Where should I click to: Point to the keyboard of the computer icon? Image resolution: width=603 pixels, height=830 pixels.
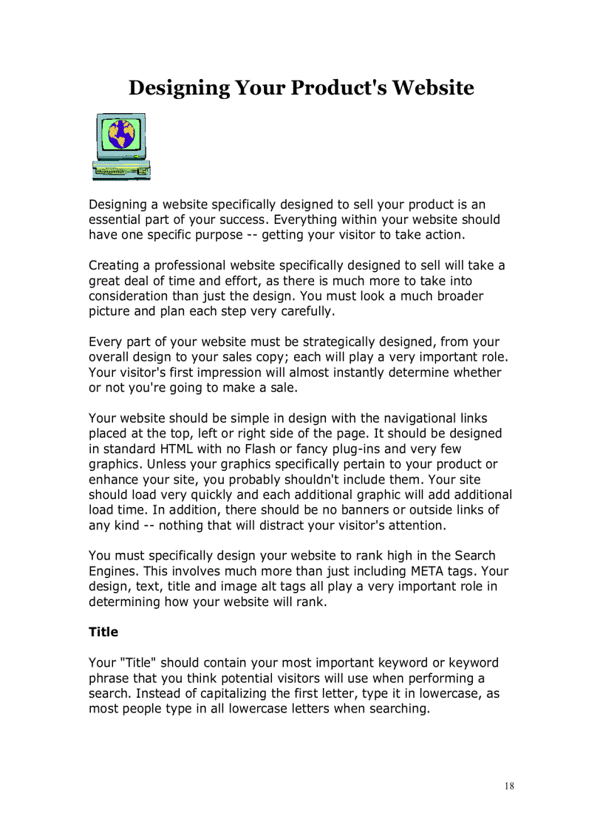pyautogui.click(x=121, y=170)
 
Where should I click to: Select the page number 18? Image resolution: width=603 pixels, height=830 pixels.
pyautogui.click(x=509, y=786)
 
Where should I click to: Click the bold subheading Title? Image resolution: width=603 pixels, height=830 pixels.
pyautogui.click(x=103, y=632)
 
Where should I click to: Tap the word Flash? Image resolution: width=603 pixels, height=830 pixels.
pyautogui.click(x=260, y=449)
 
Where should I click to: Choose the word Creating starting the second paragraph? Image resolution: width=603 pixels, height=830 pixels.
pyautogui.click(x=113, y=265)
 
